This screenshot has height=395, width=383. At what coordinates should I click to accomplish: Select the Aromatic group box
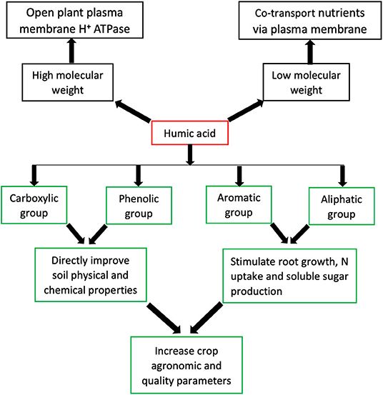coord(238,205)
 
